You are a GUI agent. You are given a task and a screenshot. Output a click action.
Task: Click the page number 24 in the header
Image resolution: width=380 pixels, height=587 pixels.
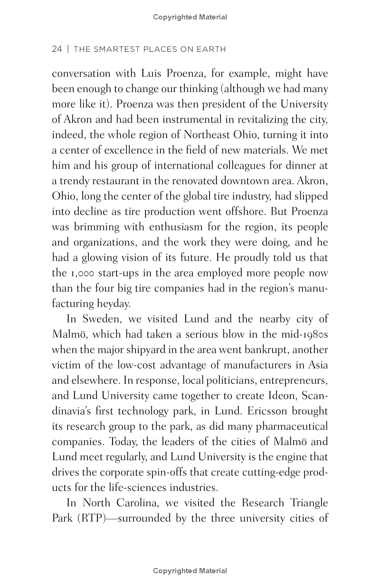click(57, 49)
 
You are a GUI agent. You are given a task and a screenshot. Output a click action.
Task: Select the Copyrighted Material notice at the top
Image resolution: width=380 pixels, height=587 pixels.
click(190, 17)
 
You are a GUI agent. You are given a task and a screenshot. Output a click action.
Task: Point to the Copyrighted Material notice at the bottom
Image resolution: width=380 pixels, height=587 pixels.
click(190, 571)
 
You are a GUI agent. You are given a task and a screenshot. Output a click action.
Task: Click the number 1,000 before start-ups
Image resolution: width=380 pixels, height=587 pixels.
click(80, 274)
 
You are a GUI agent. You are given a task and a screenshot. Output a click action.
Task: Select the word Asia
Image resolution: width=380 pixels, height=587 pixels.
click(317, 365)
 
